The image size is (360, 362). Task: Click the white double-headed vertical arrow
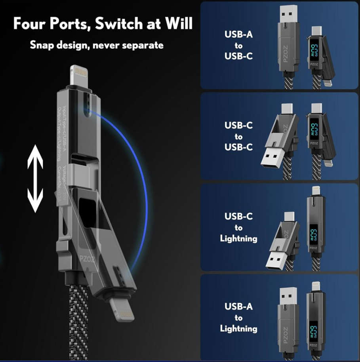coord(35,178)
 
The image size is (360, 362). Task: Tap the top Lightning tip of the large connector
coord(78,75)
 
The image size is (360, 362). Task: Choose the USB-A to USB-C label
coord(238,45)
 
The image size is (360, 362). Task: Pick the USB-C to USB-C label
coord(238,136)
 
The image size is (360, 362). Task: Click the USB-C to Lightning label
coord(238,227)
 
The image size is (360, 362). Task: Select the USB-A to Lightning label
coord(238,317)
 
